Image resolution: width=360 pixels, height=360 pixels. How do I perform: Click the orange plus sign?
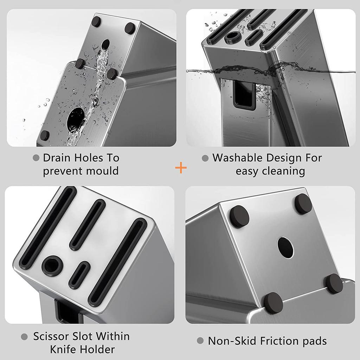coord(181,168)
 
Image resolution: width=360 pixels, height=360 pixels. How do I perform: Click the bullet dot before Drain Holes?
coord(36,158)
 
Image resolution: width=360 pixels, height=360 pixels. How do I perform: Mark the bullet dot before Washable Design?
coord(205,158)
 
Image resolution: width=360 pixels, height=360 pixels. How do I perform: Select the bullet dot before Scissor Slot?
coord(24,337)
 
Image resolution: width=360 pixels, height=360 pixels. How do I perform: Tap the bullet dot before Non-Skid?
coord(200,341)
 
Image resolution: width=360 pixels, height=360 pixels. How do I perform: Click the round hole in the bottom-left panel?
coord(52,266)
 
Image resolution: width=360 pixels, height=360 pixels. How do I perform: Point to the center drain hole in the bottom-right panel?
coord(285,247)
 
